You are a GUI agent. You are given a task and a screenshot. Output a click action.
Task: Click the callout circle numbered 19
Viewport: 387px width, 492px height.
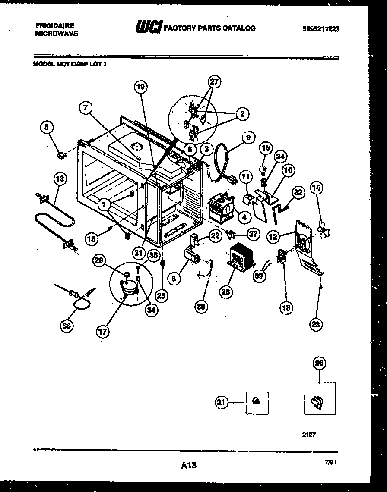click(140, 87)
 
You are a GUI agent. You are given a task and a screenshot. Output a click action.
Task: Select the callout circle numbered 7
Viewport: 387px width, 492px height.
click(86, 108)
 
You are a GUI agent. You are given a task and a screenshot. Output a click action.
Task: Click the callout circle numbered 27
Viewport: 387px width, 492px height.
click(214, 82)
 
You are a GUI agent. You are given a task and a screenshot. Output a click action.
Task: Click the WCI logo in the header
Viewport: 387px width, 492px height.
click(149, 28)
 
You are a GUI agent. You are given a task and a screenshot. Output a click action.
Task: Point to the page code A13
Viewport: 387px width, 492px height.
click(189, 465)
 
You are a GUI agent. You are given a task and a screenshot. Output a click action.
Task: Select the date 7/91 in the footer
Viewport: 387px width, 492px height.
click(330, 462)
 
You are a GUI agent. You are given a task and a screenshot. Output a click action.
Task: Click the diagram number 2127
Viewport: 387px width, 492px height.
click(309, 435)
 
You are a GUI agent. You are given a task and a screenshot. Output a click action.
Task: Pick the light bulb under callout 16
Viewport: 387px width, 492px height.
click(263, 165)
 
